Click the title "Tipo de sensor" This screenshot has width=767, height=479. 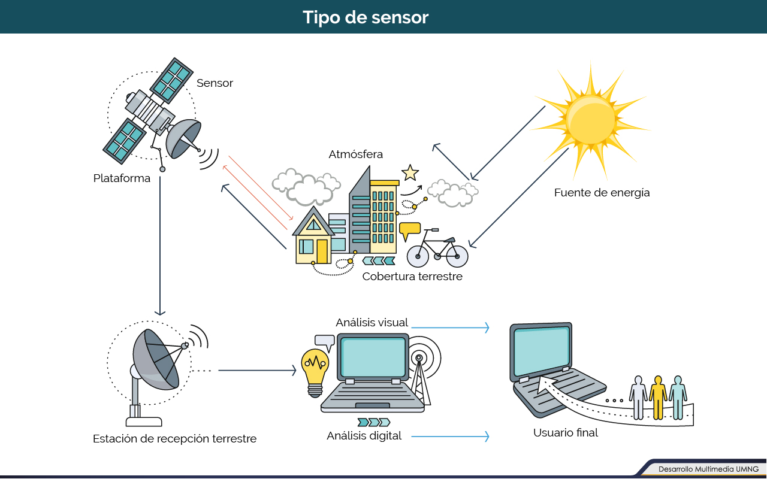366,17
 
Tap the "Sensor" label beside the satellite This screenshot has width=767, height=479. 215,83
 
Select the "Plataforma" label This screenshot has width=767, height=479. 122,178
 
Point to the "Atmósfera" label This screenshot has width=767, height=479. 356,154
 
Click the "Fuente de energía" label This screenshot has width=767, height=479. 602,193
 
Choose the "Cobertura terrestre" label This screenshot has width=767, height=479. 412,277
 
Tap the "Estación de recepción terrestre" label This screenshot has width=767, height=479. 174,439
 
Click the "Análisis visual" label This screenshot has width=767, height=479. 372,322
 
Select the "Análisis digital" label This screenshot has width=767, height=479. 364,435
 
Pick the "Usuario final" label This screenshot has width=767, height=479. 566,432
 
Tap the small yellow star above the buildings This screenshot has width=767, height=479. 410,173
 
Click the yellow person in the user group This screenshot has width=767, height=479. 658,398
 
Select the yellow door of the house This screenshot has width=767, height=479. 322,251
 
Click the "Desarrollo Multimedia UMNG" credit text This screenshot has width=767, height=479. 708,469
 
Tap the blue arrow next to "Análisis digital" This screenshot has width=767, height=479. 450,436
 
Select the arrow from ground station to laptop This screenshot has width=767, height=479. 257,370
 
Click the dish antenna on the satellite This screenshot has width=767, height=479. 184,138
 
